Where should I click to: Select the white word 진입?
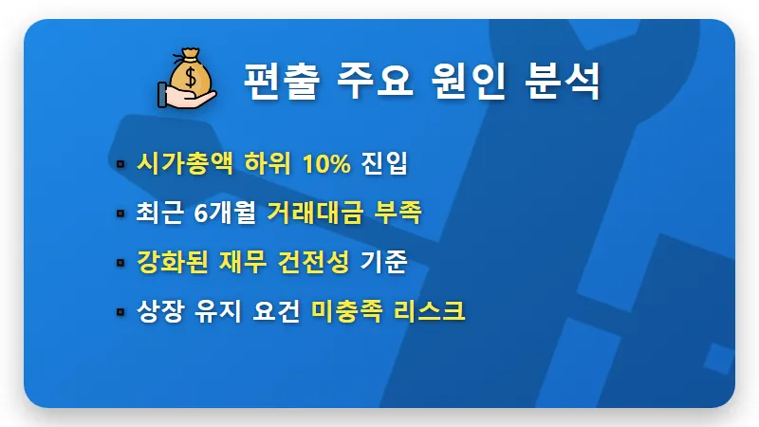point(384,163)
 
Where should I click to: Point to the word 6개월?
point(224,213)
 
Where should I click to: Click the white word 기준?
point(384,262)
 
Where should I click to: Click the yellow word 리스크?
point(431,311)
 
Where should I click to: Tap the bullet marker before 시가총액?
point(120,164)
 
